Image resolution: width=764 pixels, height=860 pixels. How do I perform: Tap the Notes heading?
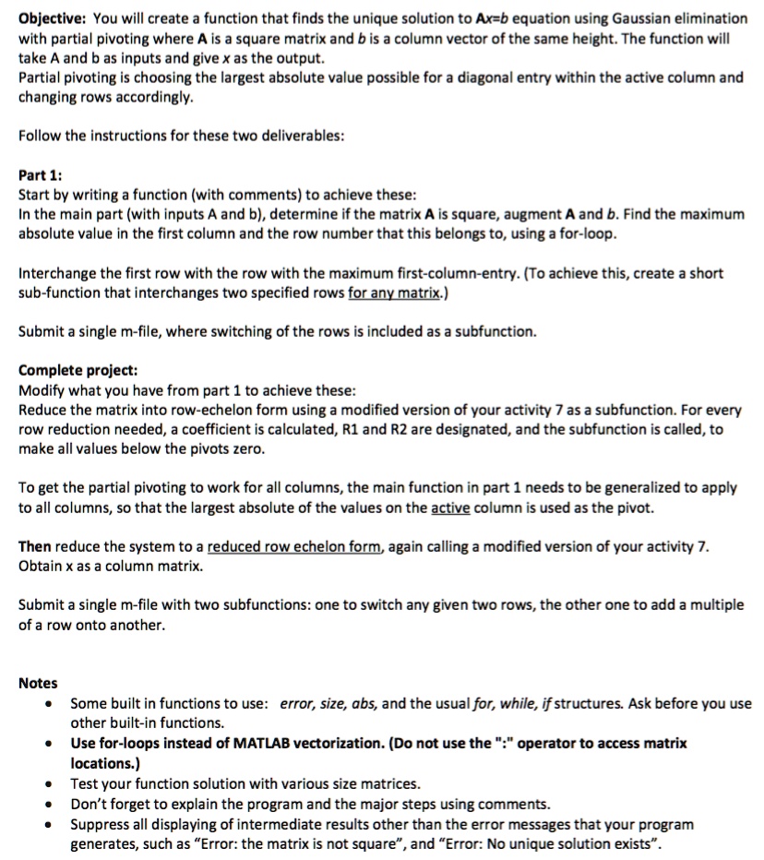pos(38,683)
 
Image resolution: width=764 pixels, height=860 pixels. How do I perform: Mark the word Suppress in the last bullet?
pos(101,823)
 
